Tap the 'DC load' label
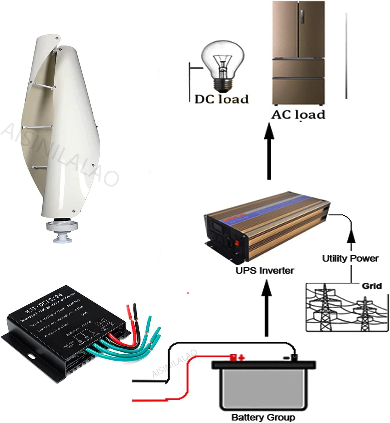point(222,99)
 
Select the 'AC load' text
point(298,114)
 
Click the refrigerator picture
point(298,54)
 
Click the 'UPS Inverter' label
point(265,270)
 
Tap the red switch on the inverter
point(237,242)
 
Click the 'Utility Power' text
point(350,258)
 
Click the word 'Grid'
point(372,286)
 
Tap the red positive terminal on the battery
point(233,357)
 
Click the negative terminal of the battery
point(294,357)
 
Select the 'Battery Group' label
point(263,417)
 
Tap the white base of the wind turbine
point(62,230)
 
